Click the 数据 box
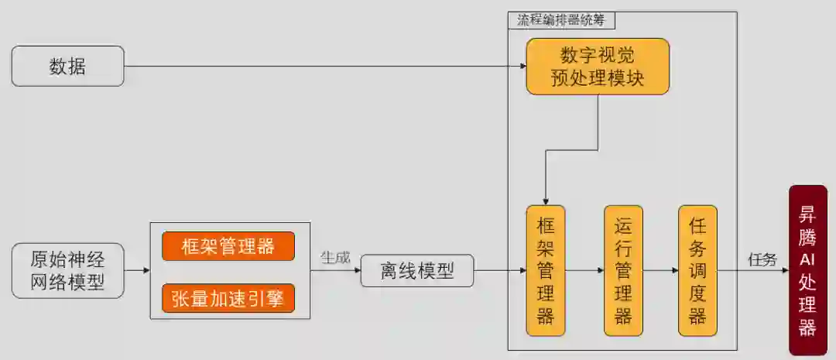coord(67,66)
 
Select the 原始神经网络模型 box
coord(67,270)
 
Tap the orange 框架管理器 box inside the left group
coord(228,246)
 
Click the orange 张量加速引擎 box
coord(228,298)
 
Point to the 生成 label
coord(335,257)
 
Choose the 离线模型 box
coord(416,270)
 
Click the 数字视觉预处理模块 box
coord(598,67)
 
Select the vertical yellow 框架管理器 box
coord(546,270)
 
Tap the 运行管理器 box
coord(623,270)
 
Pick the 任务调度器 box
coord(697,270)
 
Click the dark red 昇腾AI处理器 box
coord(807,270)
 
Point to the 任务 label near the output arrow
coord(762,259)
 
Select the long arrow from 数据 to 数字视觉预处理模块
coord(325,67)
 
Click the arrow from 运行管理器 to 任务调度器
coord(660,271)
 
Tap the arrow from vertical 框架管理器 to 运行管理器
coord(584,271)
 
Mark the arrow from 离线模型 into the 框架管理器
coord(499,271)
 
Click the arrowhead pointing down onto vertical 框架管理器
coord(546,201)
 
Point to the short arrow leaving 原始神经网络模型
coord(137,271)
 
